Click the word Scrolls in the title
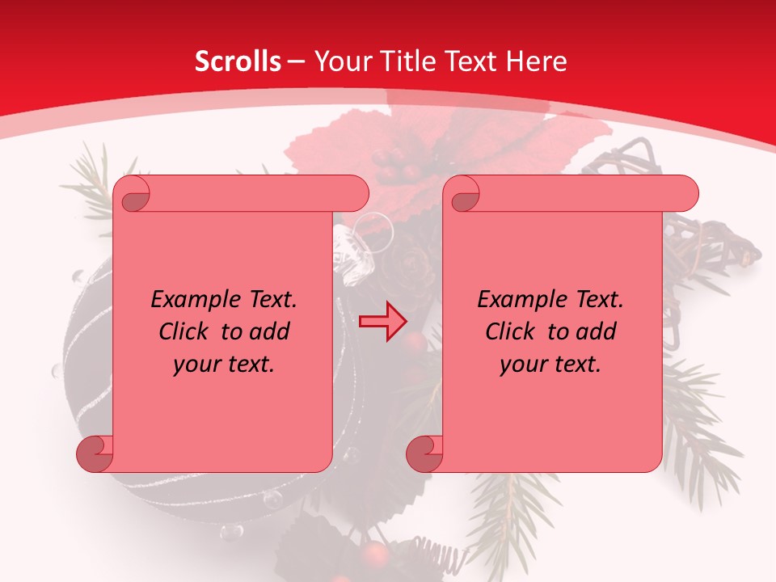tap(238, 61)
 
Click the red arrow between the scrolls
tap(382, 321)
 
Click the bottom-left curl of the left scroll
tap(95, 454)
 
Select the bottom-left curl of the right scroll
tap(424, 454)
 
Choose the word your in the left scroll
tap(196, 365)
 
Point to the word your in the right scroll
tap(523, 365)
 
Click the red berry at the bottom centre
tap(373, 554)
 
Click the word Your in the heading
tap(340, 61)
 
